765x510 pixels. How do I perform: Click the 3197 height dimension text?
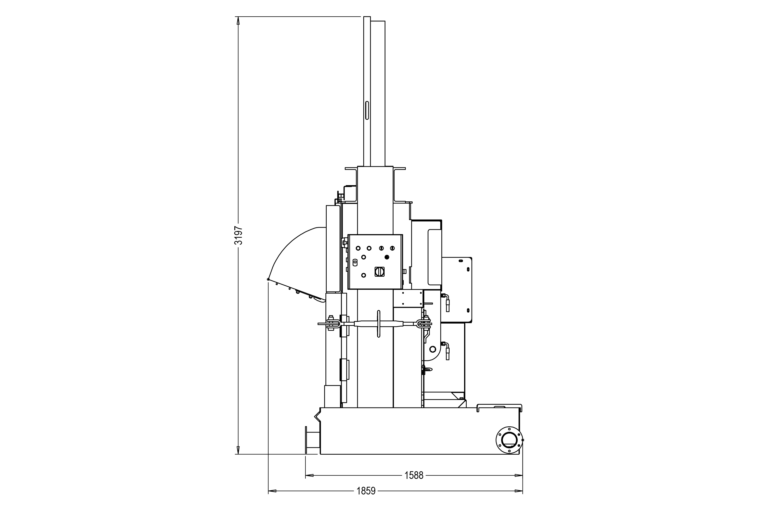238,235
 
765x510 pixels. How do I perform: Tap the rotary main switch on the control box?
379,271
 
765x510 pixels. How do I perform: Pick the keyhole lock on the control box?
355,262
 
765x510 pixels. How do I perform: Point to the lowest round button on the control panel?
364,275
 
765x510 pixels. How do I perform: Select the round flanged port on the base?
509,440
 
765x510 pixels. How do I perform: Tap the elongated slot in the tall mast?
367,110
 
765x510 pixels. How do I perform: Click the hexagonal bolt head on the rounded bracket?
432,349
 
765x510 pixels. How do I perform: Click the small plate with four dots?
408,298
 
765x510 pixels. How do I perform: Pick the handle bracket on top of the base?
499,407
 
